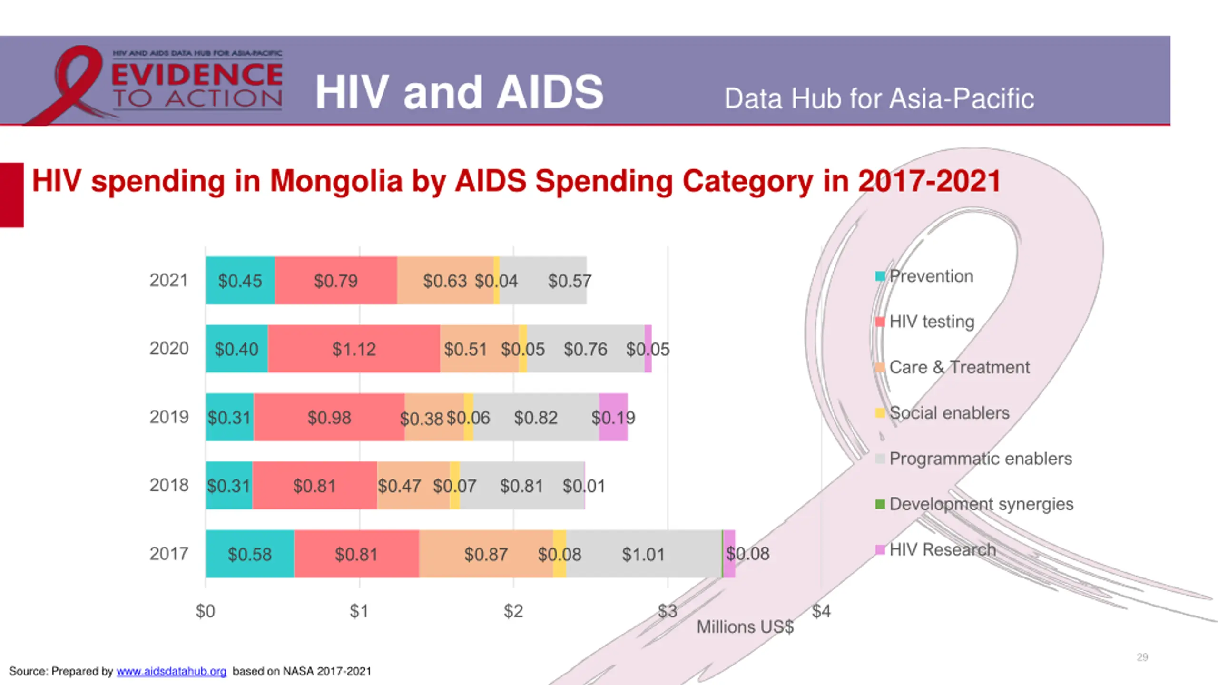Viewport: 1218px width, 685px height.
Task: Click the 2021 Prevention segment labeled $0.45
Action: [x=240, y=281]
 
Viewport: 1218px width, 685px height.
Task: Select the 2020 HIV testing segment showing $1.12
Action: [x=354, y=349]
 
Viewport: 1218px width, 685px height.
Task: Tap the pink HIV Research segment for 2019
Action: [x=613, y=417]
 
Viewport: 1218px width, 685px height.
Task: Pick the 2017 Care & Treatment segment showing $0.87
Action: [x=486, y=554]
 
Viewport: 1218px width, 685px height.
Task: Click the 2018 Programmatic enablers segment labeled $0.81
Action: [x=521, y=486]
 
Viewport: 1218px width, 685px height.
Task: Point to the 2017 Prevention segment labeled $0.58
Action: [x=250, y=554]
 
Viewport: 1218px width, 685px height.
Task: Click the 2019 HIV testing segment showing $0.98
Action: [x=329, y=417]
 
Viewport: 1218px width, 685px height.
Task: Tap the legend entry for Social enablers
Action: [x=949, y=413]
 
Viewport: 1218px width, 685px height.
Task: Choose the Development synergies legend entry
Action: [x=981, y=504]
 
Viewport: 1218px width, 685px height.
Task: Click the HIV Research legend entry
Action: [x=942, y=549]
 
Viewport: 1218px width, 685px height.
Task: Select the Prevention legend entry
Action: [x=931, y=276]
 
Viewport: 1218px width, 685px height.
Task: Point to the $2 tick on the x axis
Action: [x=513, y=611]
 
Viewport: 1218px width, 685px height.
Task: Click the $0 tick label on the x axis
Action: [x=206, y=611]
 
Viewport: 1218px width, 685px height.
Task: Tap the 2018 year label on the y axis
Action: [x=169, y=485]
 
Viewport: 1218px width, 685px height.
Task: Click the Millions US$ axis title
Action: [x=745, y=627]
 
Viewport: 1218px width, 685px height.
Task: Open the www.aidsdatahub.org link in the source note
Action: [x=171, y=671]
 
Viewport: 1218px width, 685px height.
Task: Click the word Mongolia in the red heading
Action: [x=336, y=181]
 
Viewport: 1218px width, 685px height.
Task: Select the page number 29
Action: [x=1142, y=657]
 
